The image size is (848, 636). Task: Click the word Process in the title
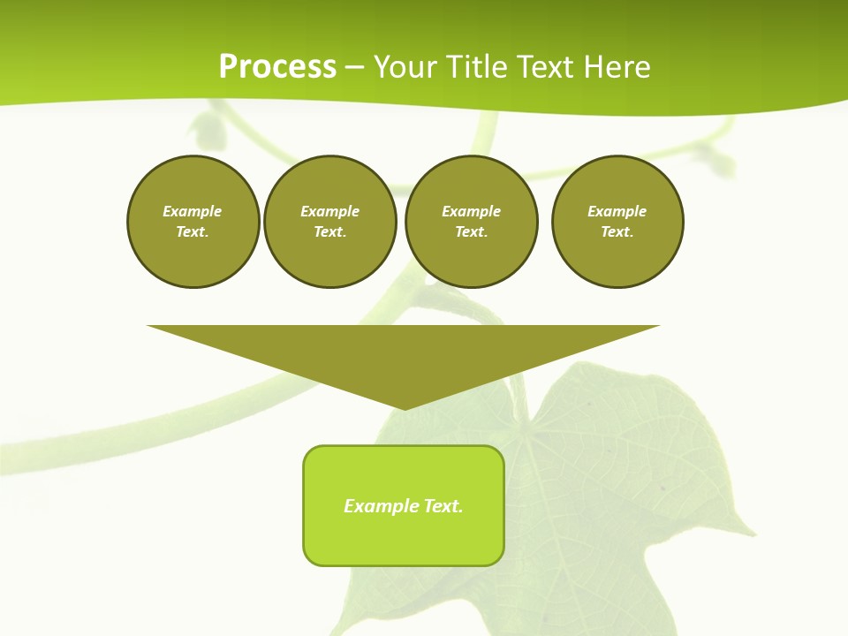[x=277, y=67]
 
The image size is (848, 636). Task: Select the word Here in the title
[x=616, y=67]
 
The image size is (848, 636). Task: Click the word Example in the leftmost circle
[x=193, y=211]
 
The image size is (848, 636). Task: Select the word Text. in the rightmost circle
[x=617, y=231]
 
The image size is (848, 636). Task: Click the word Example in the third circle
[x=471, y=211]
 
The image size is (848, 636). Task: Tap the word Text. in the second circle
[x=330, y=231]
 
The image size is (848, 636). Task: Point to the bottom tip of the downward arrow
[x=405, y=407]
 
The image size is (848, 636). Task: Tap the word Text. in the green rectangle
[x=444, y=506]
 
